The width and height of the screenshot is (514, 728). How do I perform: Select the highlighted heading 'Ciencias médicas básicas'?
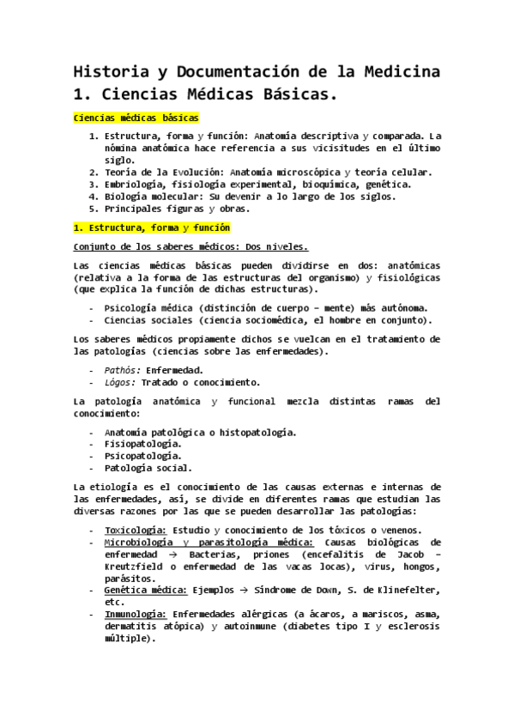136,117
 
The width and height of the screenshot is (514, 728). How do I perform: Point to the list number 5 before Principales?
94,208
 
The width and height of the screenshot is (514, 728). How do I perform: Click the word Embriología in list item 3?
135,184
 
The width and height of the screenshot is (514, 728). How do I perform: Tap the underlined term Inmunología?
135,614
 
